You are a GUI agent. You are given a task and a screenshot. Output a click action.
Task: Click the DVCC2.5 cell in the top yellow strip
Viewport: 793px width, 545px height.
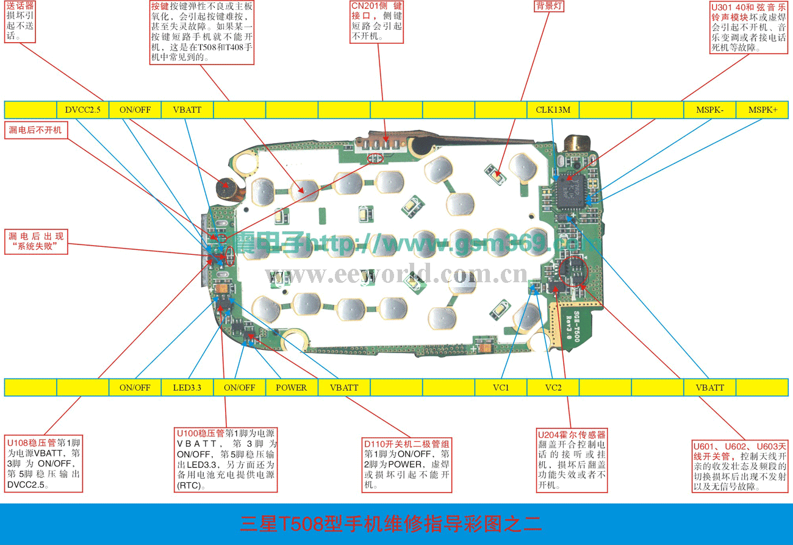coord(82,110)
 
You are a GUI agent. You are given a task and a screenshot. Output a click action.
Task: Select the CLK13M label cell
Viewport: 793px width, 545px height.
coord(553,110)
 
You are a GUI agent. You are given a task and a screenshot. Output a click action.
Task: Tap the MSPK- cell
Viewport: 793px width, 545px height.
coord(711,110)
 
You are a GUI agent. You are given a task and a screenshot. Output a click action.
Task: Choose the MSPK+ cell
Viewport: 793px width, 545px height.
coord(762,110)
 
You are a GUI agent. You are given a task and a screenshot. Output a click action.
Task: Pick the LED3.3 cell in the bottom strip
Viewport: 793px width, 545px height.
coord(187,387)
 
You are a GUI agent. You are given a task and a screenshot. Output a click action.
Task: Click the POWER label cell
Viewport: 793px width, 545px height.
coord(292,387)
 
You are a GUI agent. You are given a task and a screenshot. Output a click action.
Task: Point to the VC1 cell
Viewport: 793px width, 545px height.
coord(501,387)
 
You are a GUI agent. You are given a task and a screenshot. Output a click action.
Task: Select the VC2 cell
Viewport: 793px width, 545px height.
coord(553,387)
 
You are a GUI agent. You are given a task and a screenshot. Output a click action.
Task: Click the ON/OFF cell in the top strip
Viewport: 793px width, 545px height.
coord(135,110)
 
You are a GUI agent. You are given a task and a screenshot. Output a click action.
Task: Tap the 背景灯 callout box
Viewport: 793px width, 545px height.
coord(548,7)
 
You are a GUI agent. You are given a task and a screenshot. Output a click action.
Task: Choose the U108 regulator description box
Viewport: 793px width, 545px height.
coord(43,464)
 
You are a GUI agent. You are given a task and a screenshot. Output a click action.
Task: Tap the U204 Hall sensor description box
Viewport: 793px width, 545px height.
coord(572,460)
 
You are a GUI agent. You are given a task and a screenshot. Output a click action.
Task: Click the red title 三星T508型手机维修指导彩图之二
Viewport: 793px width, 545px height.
coord(390,523)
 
